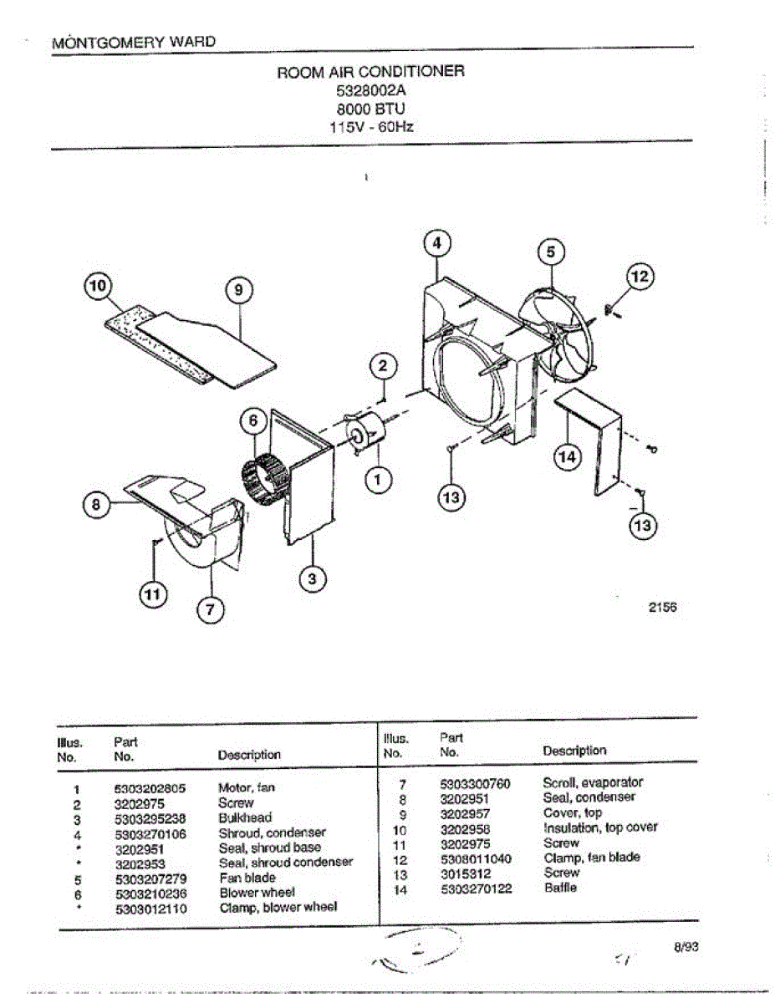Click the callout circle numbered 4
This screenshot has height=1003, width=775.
[436, 243]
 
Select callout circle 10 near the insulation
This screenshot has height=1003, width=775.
[99, 286]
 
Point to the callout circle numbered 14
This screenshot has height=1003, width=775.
[568, 457]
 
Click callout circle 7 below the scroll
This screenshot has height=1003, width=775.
[210, 610]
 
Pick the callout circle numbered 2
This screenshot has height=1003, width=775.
[383, 365]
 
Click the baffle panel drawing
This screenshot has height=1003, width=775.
[595, 439]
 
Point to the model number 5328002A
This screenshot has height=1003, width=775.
[370, 90]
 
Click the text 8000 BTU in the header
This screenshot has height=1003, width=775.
[370, 109]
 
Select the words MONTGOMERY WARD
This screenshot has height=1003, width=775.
[134, 41]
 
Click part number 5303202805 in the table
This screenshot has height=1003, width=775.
[150, 787]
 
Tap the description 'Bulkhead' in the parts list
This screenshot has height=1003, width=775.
[244, 817]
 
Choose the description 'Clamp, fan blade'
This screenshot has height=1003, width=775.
[591, 858]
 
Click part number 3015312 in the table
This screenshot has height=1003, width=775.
[465, 873]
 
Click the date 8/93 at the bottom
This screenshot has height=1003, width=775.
[686, 947]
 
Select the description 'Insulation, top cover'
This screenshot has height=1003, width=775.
[599, 827]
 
